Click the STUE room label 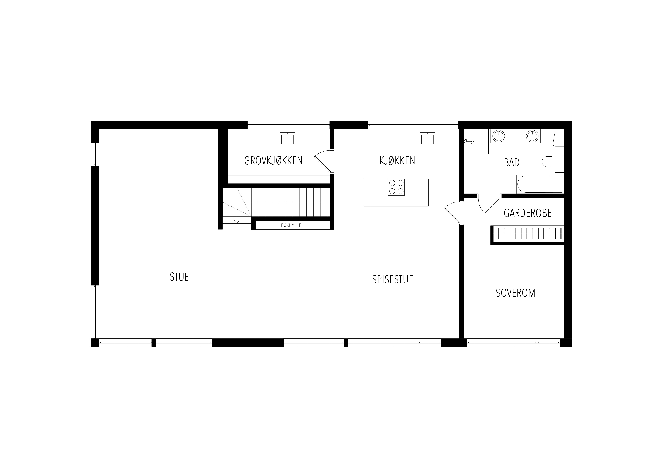coord(179,277)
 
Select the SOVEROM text coord(515,293)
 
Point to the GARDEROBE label coord(527,213)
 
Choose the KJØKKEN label coord(397,161)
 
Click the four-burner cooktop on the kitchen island coord(396,187)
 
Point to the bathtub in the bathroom coord(540,184)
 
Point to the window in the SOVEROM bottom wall coord(514,343)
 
